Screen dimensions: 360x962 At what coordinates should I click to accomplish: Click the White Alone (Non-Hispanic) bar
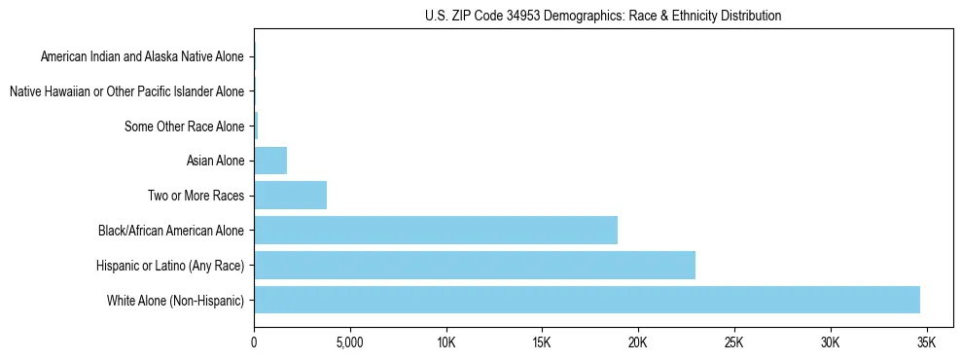pyautogui.click(x=587, y=300)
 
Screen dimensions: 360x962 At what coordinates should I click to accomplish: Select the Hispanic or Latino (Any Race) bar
pyautogui.click(x=475, y=265)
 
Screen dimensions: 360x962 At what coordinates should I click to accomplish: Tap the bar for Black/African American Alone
pyautogui.click(x=436, y=231)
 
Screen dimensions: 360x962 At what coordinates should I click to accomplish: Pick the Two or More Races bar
pyautogui.click(x=290, y=196)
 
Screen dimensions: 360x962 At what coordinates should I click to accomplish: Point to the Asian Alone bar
pyautogui.click(x=270, y=161)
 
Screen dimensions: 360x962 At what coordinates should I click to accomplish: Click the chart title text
pyautogui.click(x=603, y=16)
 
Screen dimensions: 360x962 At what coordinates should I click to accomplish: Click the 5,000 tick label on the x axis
pyautogui.click(x=349, y=342)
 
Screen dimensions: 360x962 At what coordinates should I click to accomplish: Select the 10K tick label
pyautogui.click(x=445, y=342)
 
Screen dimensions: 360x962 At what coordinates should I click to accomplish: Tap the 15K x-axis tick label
pyautogui.click(x=542, y=342)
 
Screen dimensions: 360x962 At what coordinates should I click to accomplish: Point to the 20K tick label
pyautogui.click(x=638, y=342)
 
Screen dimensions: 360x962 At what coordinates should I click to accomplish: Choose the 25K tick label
pyautogui.click(x=733, y=342)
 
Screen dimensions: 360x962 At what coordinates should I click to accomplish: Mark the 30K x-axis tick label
pyautogui.click(x=830, y=342)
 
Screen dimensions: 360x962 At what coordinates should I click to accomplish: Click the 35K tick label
pyautogui.click(x=926, y=342)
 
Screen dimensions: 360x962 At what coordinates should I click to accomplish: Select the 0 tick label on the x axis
pyautogui.click(x=254, y=342)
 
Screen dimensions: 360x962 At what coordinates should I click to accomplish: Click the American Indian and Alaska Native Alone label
pyautogui.click(x=142, y=56)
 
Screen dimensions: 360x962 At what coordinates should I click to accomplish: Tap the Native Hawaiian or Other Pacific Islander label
pyautogui.click(x=126, y=91)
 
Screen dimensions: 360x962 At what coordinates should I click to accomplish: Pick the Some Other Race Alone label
pyautogui.click(x=185, y=126)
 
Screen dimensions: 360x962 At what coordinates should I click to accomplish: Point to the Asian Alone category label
pyautogui.click(x=215, y=161)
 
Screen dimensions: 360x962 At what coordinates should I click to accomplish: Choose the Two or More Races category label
pyautogui.click(x=196, y=196)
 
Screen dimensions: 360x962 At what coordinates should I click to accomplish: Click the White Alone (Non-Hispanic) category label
pyautogui.click(x=176, y=300)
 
